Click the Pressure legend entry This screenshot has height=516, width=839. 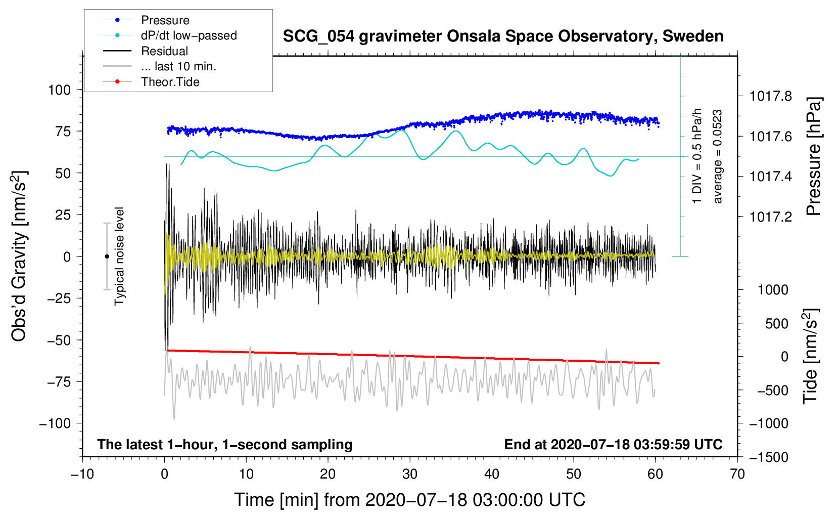point(165,20)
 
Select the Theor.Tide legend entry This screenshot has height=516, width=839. point(170,82)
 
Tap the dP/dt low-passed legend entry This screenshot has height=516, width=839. point(189,35)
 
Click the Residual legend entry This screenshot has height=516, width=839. point(164,51)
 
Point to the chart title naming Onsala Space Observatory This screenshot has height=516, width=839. point(503,36)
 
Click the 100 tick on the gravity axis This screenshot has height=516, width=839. point(59,90)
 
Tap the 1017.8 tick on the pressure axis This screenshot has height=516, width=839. point(771,96)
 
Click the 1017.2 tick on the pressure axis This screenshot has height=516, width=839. point(771,217)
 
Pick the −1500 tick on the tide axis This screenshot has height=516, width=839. point(768,457)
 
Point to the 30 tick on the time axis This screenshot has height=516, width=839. point(410,475)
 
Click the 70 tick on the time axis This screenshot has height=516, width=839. point(737,475)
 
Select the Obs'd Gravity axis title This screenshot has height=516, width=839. point(19,256)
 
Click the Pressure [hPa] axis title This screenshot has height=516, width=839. point(813,157)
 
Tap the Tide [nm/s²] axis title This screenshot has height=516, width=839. point(810,356)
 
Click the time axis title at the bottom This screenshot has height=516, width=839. point(409,500)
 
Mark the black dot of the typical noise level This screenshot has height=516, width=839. point(107,256)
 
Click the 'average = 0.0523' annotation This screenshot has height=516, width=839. point(718,157)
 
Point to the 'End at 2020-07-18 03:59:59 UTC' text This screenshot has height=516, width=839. point(613,445)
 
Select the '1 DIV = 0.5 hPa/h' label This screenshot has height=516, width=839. point(697,156)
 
